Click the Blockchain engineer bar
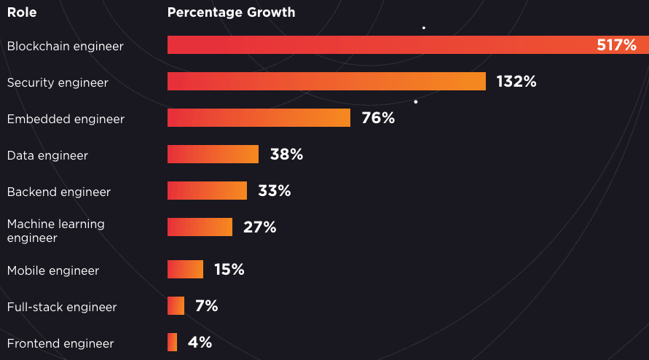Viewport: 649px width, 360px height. click(379, 45)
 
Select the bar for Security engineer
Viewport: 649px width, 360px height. click(326, 81)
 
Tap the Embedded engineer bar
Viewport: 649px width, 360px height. click(259, 117)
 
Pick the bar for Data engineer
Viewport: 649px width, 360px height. click(213, 154)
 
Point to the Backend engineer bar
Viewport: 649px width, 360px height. click(208, 191)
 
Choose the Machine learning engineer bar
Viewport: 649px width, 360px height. click(200, 227)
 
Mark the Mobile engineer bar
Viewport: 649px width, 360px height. click(185, 270)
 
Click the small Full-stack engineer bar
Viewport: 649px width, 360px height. click(176, 306)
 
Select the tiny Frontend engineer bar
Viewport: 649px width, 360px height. click(172, 343)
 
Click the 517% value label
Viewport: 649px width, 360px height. click(616, 45)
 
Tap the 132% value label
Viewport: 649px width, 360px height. click(516, 82)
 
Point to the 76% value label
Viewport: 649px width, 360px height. click(378, 118)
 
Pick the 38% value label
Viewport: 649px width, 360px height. click(286, 154)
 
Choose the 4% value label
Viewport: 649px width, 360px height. click(200, 343)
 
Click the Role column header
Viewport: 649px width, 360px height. click(22, 12)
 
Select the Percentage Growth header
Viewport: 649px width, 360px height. click(231, 12)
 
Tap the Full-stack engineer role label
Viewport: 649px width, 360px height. click(62, 307)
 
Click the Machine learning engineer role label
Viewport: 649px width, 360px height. click(56, 231)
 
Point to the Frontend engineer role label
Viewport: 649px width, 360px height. click(60, 343)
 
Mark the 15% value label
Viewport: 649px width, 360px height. click(229, 270)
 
